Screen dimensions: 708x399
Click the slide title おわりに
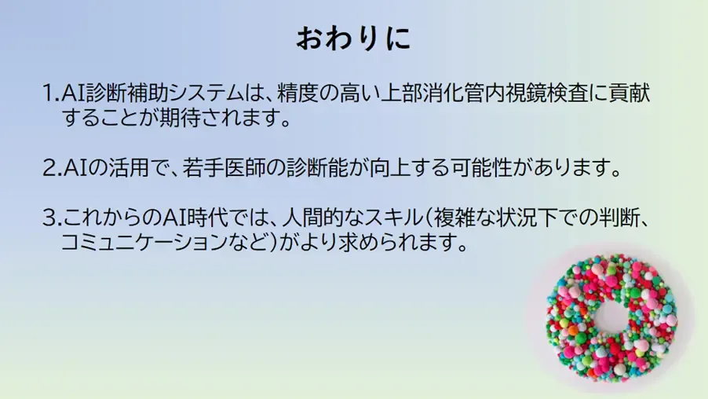[x=353, y=38]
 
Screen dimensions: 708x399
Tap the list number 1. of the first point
[x=51, y=93]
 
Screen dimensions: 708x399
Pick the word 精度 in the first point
[x=297, y=93]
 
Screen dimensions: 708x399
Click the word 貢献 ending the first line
[x=630, y=93]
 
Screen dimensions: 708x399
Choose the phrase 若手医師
[x=224, y=167]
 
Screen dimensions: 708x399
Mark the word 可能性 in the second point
[x=482, y=167]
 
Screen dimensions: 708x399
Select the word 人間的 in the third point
[x=313, y=218]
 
